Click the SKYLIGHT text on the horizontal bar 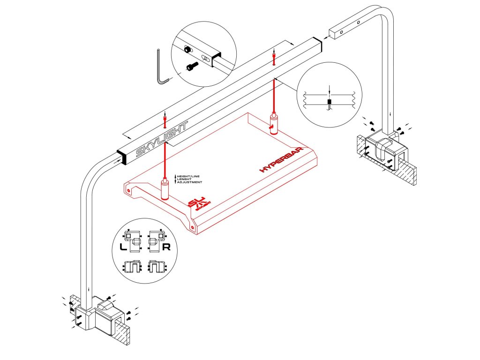tap(161, 139)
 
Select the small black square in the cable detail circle tap(330, 102)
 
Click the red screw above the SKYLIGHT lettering tap(165, 121)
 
